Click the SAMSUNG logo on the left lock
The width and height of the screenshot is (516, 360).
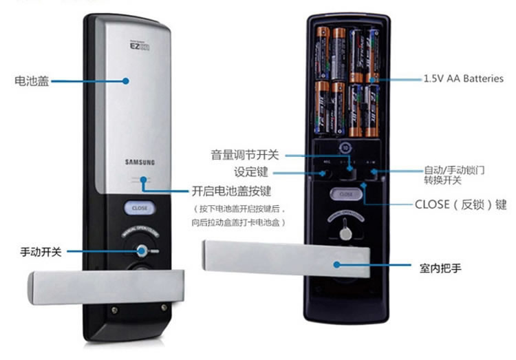pos(140,162)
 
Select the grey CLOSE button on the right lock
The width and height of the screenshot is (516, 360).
pos(345,195)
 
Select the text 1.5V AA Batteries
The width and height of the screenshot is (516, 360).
pos(463,79)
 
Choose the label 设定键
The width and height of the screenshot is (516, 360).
pos(250,171)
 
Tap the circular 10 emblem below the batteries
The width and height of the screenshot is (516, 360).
pos(345,147)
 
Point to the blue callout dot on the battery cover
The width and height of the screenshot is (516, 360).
pos(126,81)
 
